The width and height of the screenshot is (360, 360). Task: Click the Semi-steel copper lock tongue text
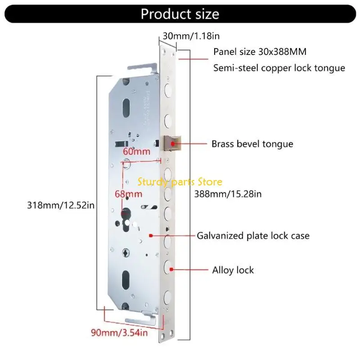pyautogui.click(x=279, y=68)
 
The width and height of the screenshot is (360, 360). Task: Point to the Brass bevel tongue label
pyautogui.click(x=252, y=144)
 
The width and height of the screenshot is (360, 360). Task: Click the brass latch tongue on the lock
pyautogui.click(x=172, y=144)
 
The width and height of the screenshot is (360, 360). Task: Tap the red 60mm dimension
pyautogui.click(x=136, y=152)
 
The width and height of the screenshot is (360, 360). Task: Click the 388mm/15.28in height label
pyautogui.click(x=228, y=194)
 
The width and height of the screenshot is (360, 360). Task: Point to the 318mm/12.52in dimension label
pyautogui.click(x=60, y=205)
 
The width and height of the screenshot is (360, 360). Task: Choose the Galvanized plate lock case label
pyautogui.click(x=253, y=235)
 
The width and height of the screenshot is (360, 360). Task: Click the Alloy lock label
pyautogui.click(x=233, y=270)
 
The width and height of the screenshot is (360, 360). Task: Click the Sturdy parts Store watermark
pyautogui.click(x=180, y=182)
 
